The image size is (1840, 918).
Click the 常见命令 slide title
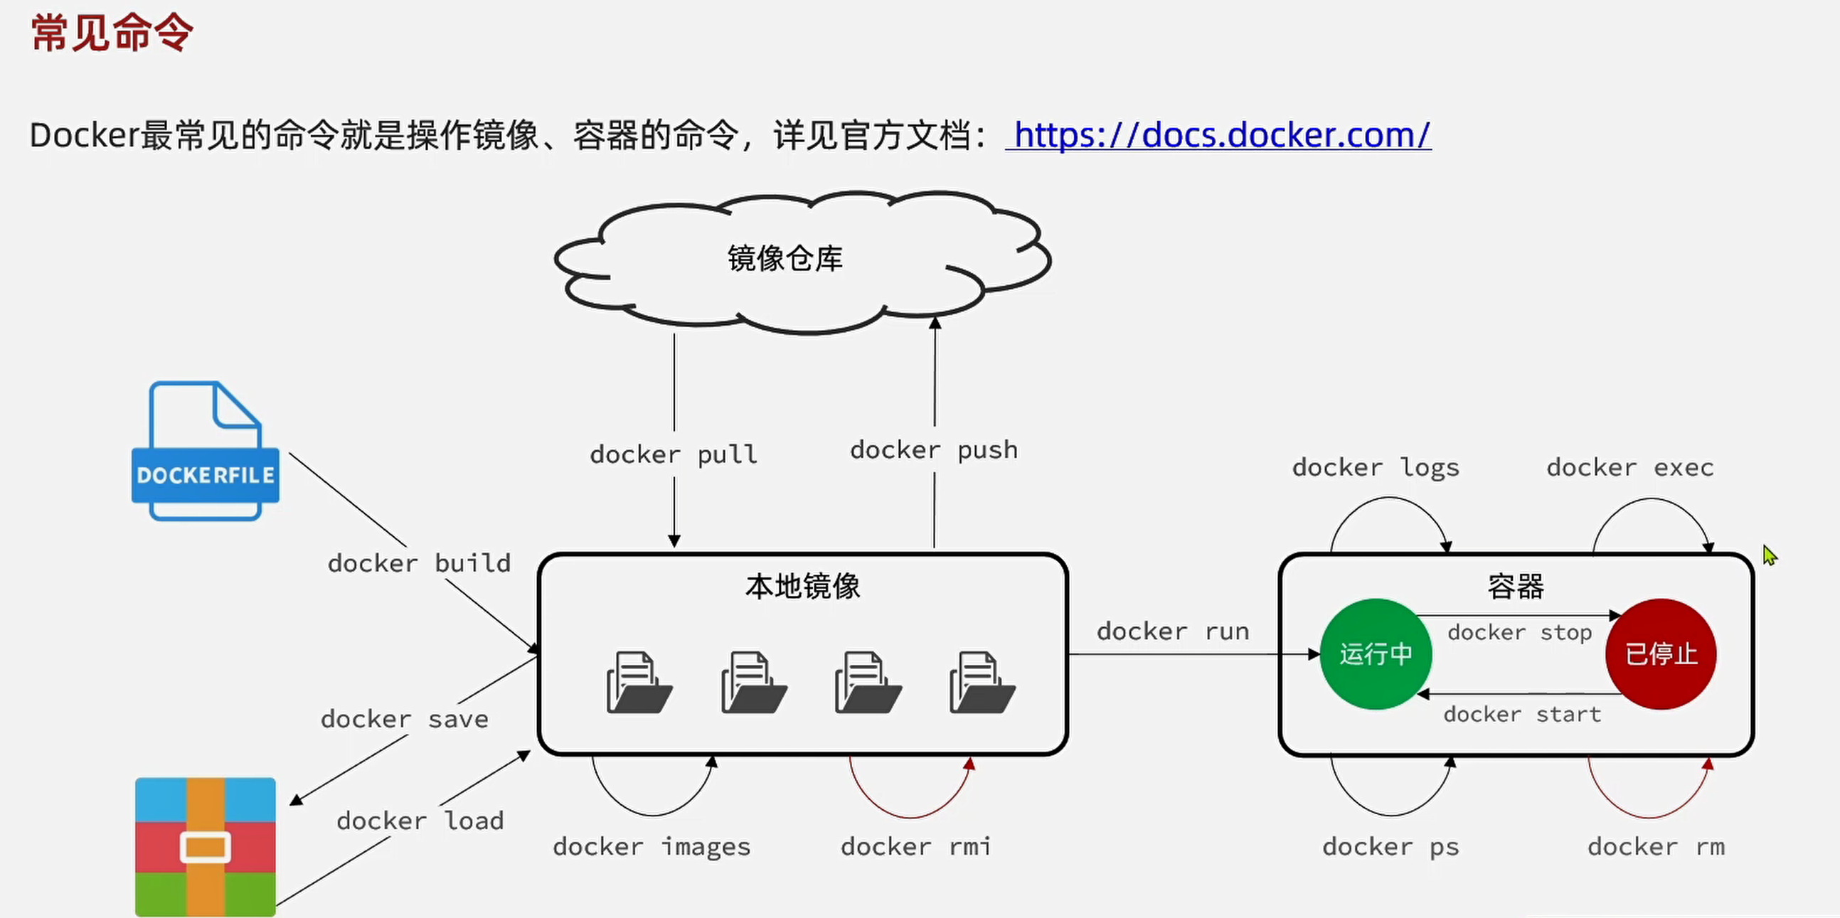112,33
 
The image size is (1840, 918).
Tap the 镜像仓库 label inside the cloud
785,258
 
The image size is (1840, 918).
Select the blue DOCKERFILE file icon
205,451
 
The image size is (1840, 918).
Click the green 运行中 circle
1375,654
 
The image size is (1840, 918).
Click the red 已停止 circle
1661,654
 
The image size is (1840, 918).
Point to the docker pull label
674,454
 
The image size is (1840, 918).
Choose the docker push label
934,450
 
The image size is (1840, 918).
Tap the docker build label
420,564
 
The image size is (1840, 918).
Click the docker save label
404,720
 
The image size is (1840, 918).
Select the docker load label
420,821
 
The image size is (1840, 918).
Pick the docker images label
652,848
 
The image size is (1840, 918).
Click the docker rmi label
915,848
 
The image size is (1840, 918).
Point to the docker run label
1173,631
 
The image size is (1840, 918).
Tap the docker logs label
1376,469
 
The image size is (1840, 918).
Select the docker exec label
1630,469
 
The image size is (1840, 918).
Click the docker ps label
1390,848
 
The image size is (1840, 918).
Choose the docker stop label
1519,633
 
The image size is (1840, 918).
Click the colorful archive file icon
205,847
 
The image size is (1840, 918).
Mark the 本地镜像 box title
802,587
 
